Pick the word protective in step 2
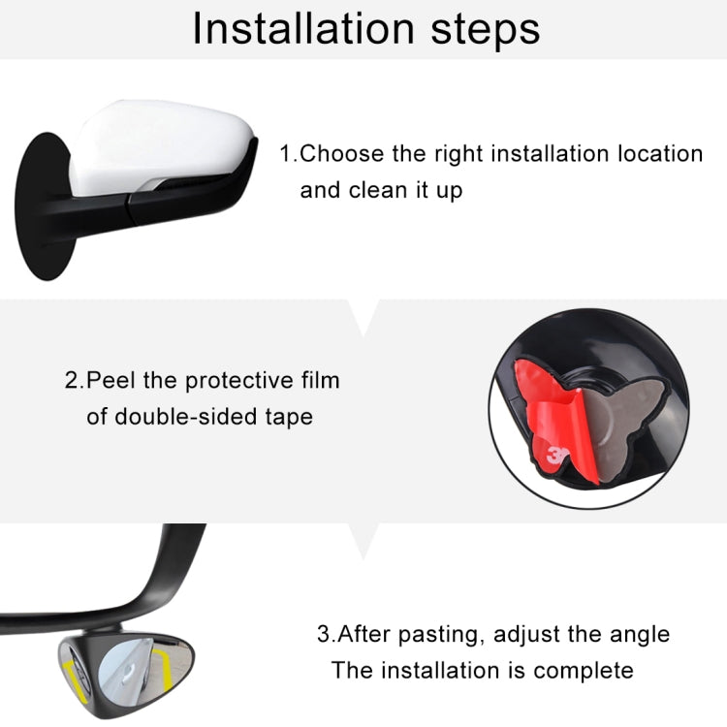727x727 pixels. pos(230,380)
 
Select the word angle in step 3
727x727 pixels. pos(635,635)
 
